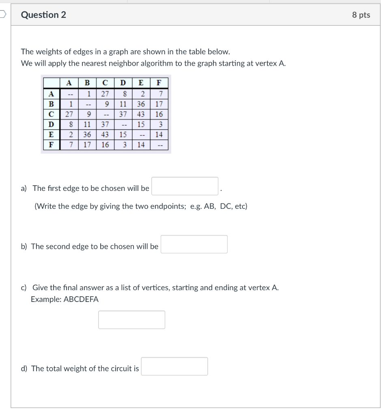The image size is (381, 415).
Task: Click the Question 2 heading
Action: click(x=43, y=15)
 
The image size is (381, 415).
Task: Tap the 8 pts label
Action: click(x=361, y=15)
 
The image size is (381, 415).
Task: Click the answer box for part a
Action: click(x=185, y=186)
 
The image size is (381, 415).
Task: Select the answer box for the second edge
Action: click(x=194, y=244)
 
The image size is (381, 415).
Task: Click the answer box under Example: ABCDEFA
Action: click(x=131, y=320)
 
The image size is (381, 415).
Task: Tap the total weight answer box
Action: click(x=174, y=366)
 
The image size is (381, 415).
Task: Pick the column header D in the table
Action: click(x=123, y=83)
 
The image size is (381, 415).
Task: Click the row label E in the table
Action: click(x=51, y=135)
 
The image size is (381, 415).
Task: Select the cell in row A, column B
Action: click(x=87, y=94)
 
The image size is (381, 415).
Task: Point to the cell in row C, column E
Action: click(x=140, y=114)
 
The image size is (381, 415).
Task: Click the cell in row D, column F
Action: click(x=159, y=124)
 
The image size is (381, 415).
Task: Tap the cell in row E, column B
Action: click(x=87, y=135)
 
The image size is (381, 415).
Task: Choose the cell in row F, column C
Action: click(x=105, y=145)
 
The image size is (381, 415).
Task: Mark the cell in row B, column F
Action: click(x=159, y=104)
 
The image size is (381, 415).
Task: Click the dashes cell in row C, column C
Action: click(x=105, y=114)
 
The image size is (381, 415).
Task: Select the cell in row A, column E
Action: click(x=140, y=94)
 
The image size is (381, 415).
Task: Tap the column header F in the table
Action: click(x=159, y=83)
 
